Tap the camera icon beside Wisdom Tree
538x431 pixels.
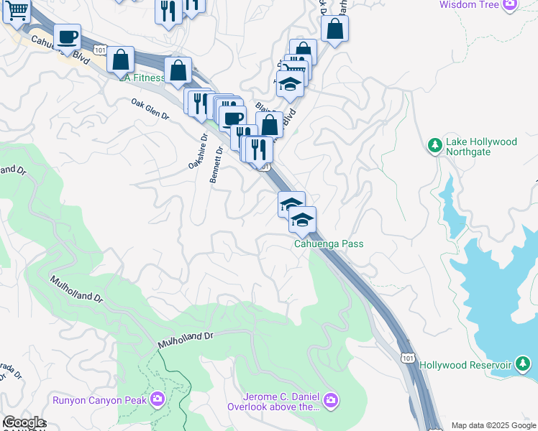click(510, 4)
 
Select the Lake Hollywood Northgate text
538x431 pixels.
click(481, 147)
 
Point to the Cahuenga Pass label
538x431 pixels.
click(329, 244)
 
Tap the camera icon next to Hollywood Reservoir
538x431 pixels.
click(523, 365)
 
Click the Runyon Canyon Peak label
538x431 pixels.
click(99, 399)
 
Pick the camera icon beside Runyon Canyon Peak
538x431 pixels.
click(158, 399)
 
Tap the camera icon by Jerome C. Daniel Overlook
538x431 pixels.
click(330, 400)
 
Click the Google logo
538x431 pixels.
click(24, 422)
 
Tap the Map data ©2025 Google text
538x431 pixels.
click(493, 425)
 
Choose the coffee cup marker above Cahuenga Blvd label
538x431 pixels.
click(68, 37)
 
